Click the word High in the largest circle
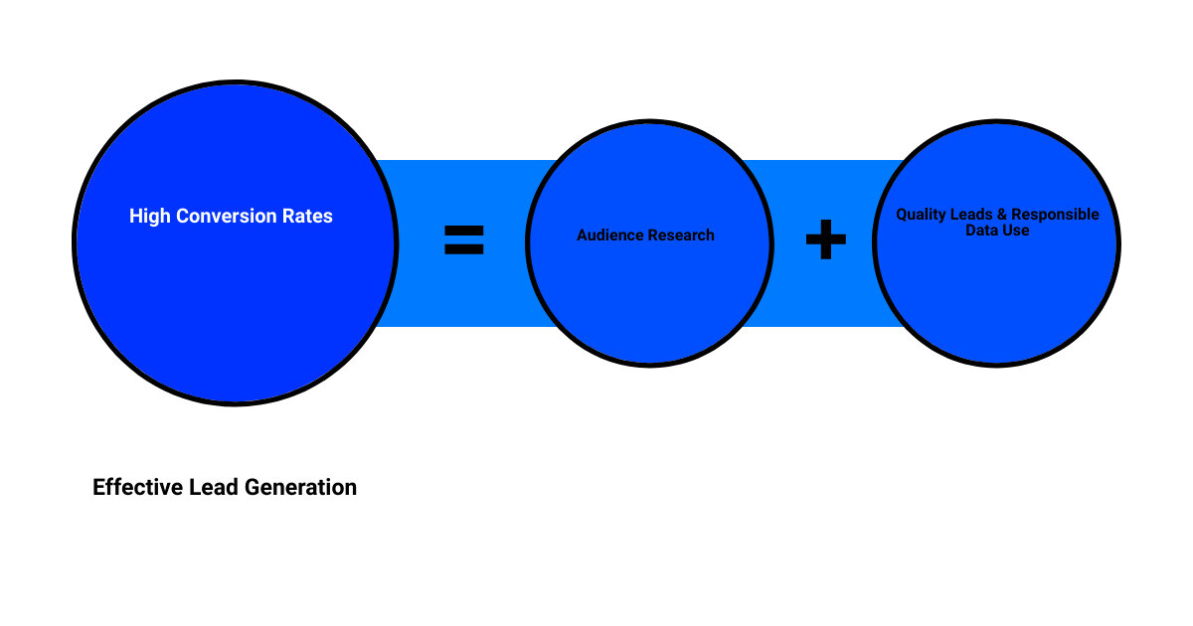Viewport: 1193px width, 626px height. pos(150,216)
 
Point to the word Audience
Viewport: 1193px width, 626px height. pos(609,235)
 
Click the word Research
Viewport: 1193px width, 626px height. pos(681,235)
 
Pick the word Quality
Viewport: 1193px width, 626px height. pos(922,215)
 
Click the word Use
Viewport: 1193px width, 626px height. pos(1015,230)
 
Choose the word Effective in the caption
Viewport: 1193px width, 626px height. pos(135,488)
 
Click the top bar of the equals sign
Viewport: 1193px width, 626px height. pos(463,230)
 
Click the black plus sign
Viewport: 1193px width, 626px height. pos(825,240)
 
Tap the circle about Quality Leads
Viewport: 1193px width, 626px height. pos(996,298)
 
